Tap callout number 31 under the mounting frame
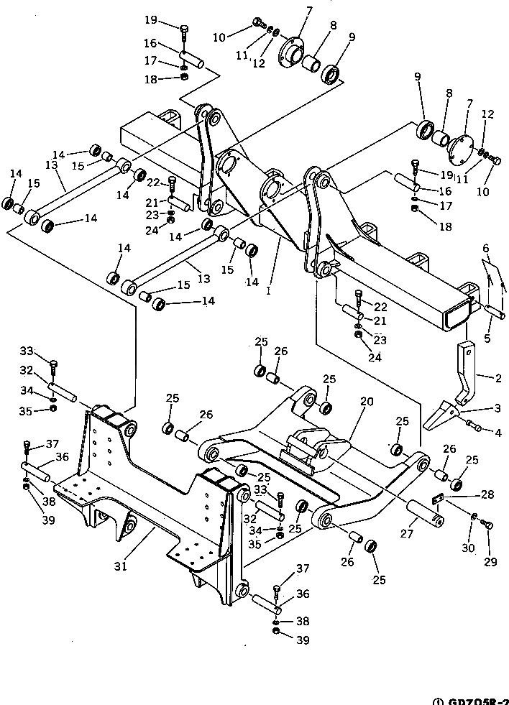click(x=120, y=566)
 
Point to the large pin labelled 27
click(x=425, y=516)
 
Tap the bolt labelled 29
click(x=489, y=525)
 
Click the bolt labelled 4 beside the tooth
click(x=475, y=427)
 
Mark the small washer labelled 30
click(x=474, y=517)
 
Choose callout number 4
click(x=497, y=433)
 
